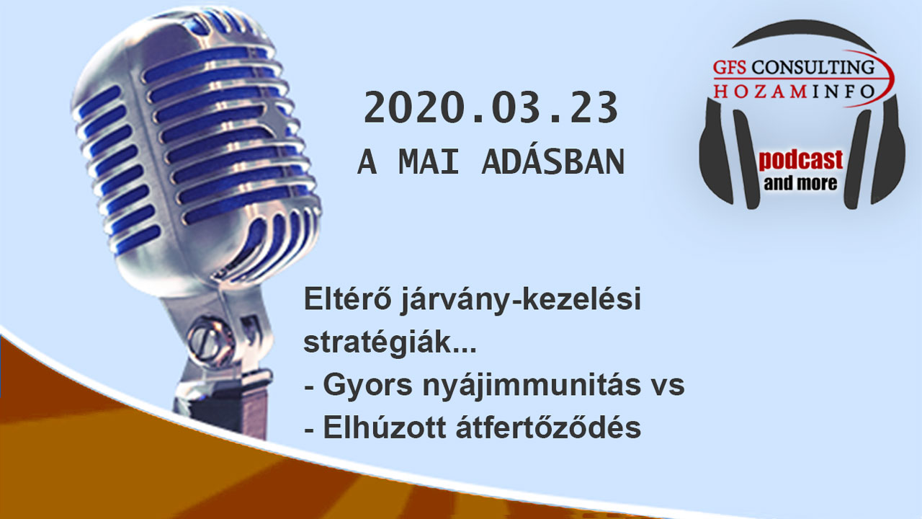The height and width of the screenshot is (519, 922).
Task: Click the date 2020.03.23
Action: pyautogui.click(x=491, y=107)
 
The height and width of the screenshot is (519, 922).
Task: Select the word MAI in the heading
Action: pyautogui.click(x=429, y=162)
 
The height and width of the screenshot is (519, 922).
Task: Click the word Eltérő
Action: pyautogui.click(x=348, y=298)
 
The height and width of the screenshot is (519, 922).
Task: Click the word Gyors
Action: pyautogui.click(x=367, y=386)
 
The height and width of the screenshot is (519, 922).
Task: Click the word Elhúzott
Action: pyautogui.click(x=385, y=427)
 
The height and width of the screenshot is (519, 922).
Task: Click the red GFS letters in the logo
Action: pyautogui.click(x=729, y=68)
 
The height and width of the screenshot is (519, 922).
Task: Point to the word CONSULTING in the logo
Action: pyautogui.click(x=813, y=68)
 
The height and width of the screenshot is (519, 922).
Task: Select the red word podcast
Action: pyautogui.click(x=800, y=160)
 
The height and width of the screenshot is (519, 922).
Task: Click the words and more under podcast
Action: pyautogui.click(x=800, y=184)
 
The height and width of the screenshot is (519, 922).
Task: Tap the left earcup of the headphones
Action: pyautogui.click(x=716, y=152)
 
